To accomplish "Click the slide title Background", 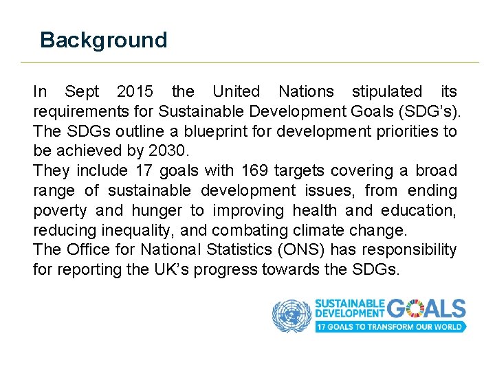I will pos(103,40).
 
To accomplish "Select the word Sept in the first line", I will pos(82,91).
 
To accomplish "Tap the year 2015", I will pos(135,91).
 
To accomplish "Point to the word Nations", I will pos(306,91).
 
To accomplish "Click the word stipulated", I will pos(387,91).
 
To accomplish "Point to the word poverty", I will pos(60,210).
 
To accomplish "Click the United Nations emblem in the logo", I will pos(291,315).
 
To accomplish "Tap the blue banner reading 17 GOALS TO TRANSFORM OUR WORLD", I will pos(390,326).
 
